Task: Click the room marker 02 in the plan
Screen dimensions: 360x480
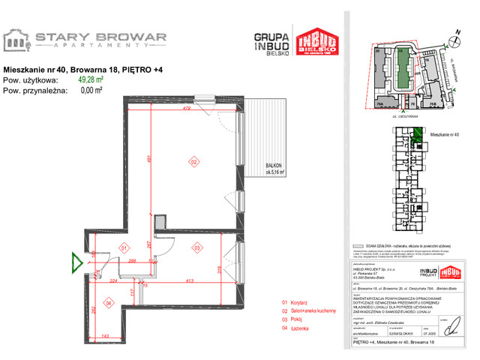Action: point(193,161)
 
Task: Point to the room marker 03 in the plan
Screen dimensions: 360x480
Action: point(197,247)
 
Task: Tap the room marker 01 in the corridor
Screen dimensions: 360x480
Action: point(125,247)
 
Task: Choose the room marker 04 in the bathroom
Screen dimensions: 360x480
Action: point(109,302)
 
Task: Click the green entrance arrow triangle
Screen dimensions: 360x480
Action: point(76,262)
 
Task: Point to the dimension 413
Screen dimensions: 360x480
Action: point(191,280)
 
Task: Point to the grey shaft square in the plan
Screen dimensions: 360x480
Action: point(159,220)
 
